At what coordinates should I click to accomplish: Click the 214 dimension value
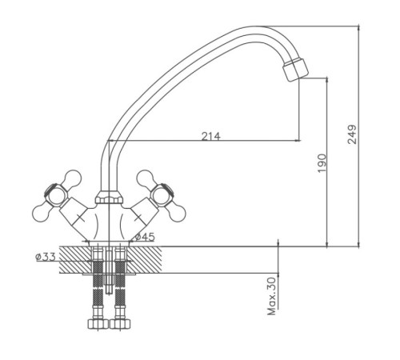[211, 136]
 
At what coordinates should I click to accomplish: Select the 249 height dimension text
[352, 134]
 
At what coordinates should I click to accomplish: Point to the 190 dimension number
[322, 163]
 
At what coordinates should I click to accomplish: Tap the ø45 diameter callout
[145, 237]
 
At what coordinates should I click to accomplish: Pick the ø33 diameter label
[46, 257]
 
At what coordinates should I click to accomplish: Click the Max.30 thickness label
[271, 296]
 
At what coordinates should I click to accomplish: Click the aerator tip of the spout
[296, 70]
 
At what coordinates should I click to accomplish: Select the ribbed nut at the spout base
[110, 198]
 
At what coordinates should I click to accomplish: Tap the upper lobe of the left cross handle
[72, 178]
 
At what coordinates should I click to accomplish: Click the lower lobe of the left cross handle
[42, 214]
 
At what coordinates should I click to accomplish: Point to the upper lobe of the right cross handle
[146, 178]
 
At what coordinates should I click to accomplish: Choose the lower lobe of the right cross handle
[176, 214]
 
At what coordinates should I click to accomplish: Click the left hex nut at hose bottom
[98, 324]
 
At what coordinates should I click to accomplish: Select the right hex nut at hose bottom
[120, 324]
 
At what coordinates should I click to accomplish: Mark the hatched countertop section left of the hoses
[75, 260]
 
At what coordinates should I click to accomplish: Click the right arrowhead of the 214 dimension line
[298, 141]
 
